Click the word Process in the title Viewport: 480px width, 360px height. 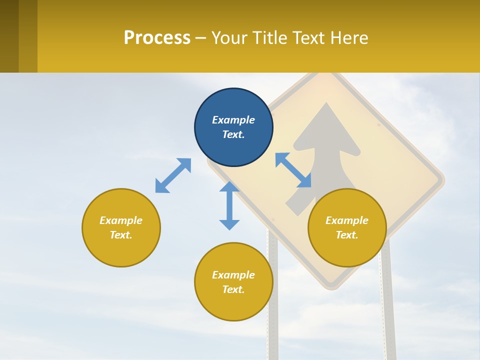click(x=157, y=37)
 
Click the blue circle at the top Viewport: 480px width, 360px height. click(x=233, y=127)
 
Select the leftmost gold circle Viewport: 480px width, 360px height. click(x=121, y=227)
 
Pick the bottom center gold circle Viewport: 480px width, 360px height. click(x=233, y=282)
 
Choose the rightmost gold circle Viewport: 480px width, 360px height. click(x=347, y=227)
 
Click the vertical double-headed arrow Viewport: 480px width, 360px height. click(x=229, y=205)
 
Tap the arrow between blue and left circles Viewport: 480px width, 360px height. click(x=173, y=175)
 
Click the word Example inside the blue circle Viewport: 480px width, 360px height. click(x=233, y=120)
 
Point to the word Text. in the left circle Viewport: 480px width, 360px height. click(x=121, y=235)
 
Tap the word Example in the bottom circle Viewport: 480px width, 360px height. click(x=233, y=275)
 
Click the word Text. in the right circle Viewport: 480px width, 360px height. click(x=346, y=235)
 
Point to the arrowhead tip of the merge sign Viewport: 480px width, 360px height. click(x=326, y=104)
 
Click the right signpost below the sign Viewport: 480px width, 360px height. click(x=388, y=310)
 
